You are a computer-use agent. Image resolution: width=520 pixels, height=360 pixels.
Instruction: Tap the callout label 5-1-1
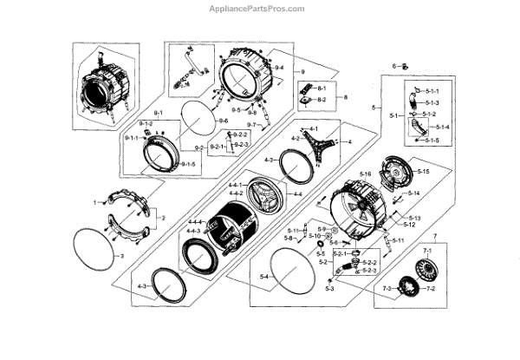pos(432,91)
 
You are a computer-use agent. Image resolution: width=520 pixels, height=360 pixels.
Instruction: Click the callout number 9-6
pos(224,120)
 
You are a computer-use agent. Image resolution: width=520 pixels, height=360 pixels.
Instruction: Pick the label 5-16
pos(366,174)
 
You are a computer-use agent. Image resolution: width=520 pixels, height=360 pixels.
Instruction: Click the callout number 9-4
pos(279,68)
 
